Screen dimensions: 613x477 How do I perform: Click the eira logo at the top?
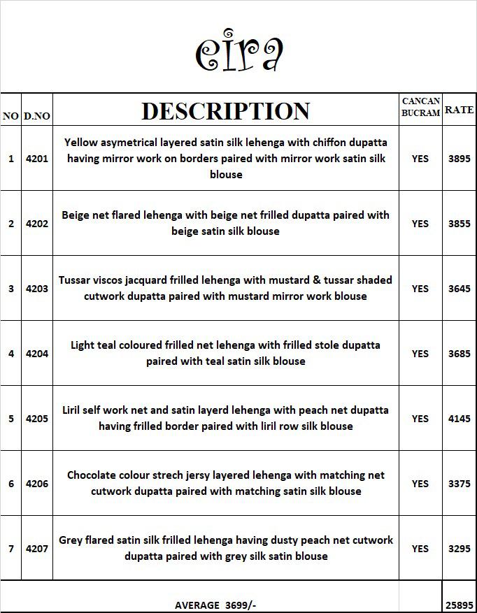pyautogui.click(x=239, y=50)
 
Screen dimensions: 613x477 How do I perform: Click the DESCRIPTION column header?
pyautogui.click(x=225, y=111)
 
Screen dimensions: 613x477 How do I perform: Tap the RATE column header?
pyautogui.click(x=459, y=110)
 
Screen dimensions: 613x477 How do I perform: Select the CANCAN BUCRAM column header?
pyautogui.click(x=421, y=107)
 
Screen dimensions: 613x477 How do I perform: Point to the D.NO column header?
pyautogui.click(x=37, y=116)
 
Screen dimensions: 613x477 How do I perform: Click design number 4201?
pyautogui.click(x=37, y=159)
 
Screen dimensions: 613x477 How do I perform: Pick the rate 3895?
pyautogui.click(x=460, y=159)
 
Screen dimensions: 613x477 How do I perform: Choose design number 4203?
pyautogui.click(x=37, y=289)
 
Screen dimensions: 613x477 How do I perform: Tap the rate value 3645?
pyautogui.click(x=460, y=289)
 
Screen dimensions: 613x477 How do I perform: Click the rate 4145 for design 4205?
pyautogui.click(x=460, y=419)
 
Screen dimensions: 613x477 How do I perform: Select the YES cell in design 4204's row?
pyautogui.click(x=420, y=354)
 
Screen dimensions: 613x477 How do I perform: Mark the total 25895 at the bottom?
pyautogui.click(x=460, y=605)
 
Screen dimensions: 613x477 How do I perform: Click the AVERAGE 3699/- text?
pyautogui.click(x=215, y=605)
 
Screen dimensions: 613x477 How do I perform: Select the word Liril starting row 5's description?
pyautogui.click(x=75, y=410)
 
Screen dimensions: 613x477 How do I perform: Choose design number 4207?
pyautogui.click(x=37, y=549)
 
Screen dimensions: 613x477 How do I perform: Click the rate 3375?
pyautogui.click(x=460, y=484)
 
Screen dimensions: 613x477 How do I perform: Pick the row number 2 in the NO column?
pyautogui.click(x=11, y=224)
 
